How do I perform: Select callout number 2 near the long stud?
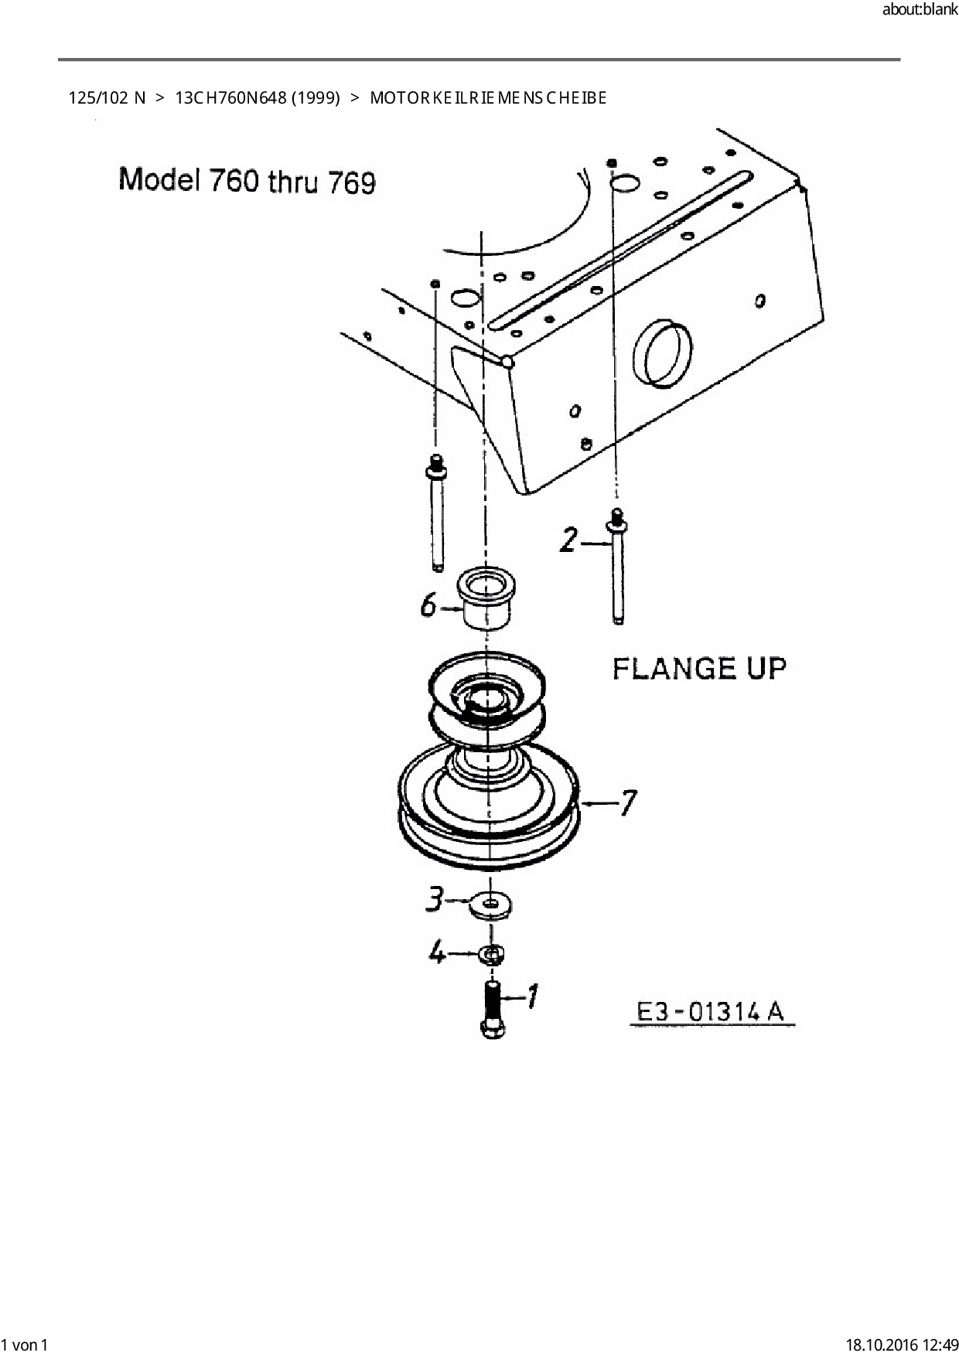coord(569,540)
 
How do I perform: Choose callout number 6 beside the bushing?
coord(429,605)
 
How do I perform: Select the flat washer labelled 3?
coord(493,905)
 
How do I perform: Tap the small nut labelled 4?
coord(492,954)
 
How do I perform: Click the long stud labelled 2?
coord(617,568)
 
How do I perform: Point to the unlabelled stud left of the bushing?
coord(437,514)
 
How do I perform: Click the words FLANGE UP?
coord(699,668)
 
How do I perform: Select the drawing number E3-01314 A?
coord(710,1011)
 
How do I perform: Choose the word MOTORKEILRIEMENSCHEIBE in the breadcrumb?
coord(488,98)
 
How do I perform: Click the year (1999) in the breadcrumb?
coord(316,98)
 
